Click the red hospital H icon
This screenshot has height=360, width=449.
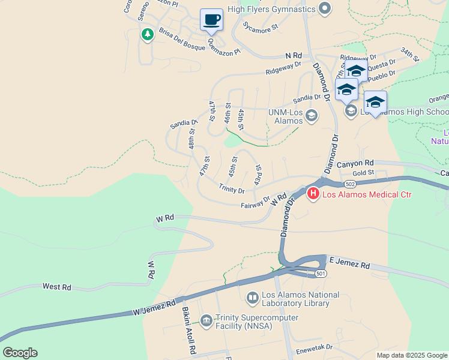point(313,193)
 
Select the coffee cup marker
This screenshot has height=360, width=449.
point(211,20)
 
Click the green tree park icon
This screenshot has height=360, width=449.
point(147,34)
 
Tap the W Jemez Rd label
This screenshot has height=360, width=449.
point(155,308)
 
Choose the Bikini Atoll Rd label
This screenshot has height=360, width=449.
point(189,331)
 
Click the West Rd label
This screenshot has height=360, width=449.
point(57,287)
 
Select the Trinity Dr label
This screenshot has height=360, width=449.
point(232,190)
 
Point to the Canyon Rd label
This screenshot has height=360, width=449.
point(355,163)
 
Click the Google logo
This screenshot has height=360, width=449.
point(20,353)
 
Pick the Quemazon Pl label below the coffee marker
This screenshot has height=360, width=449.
point(224,47)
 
